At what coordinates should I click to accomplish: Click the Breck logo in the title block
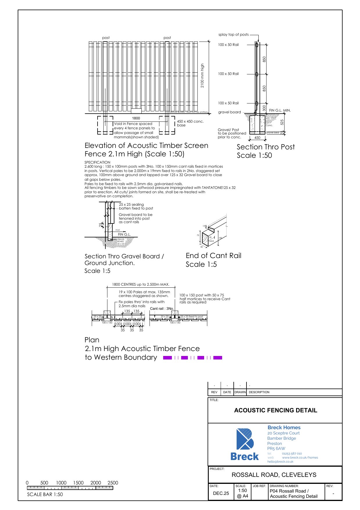coord(245,444)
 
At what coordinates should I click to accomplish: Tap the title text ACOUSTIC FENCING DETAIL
coord(276,410)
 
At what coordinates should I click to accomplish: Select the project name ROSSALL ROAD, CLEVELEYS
coord(274,475)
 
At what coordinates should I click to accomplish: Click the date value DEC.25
coord(221,493)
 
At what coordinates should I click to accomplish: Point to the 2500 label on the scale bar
coord(113,483)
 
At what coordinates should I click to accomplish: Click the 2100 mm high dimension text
coord(202,76)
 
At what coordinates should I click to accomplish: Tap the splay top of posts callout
coord(233,35)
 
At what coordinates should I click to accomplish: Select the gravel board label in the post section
coord(229,112)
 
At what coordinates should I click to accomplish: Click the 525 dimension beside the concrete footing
coord(282,122)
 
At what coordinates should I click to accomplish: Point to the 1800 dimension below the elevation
coord(136,118)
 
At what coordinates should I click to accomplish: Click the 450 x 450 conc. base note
coord(190,123)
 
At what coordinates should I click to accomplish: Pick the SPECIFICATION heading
coord(97,162)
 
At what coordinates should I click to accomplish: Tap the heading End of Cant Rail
coord(213,256)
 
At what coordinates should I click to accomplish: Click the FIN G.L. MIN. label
coord(280,110)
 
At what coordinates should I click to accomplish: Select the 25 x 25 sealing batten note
coord(136,206)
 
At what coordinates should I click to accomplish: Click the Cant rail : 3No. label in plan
coord(162,309)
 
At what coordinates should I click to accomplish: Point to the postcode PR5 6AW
coord(276,448)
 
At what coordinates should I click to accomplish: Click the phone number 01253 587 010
coord(292,453)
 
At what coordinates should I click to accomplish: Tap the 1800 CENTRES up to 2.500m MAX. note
coord(141,284)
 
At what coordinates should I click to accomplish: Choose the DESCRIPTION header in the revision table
coord(259,392)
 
